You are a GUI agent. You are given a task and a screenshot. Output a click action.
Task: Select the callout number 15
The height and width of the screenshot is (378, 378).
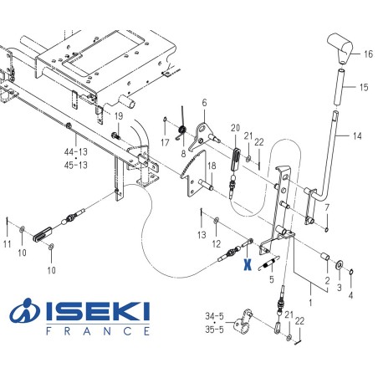pos(363,87)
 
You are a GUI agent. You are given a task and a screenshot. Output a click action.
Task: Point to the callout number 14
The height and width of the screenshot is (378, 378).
pos(356,135)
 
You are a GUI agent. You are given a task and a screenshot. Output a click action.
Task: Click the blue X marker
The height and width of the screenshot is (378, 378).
pos(247,264)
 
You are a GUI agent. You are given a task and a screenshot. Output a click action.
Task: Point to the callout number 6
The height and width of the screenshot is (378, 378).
pos(203,103)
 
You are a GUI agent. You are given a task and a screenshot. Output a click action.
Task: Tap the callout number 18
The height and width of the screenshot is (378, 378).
pos(212,166)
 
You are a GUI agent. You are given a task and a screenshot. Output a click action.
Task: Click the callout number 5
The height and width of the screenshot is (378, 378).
pos(271,279)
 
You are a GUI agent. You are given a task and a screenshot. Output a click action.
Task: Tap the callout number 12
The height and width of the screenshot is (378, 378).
pos(215,243)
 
